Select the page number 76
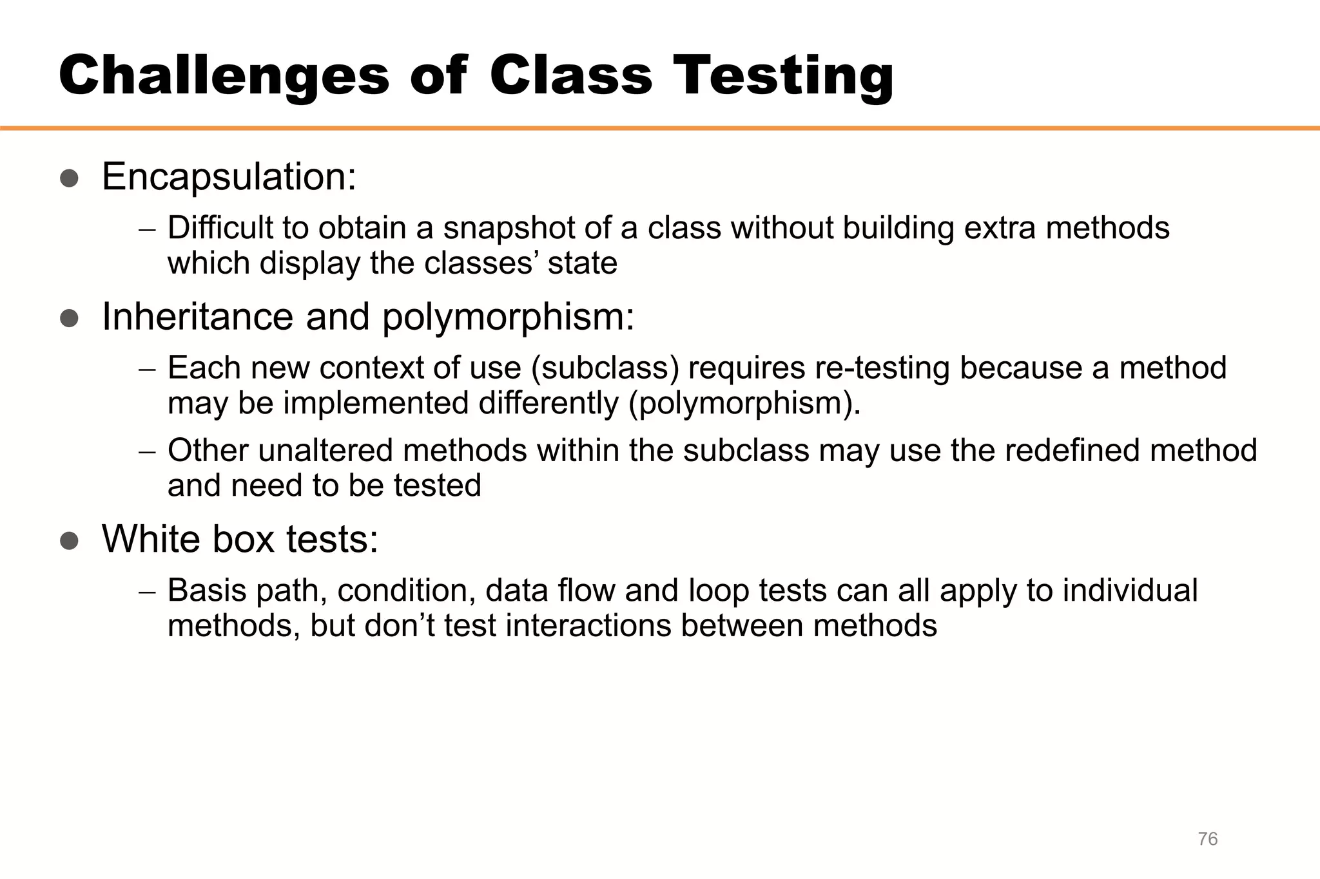1207,839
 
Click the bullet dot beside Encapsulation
69,178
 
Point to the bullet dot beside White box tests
69,541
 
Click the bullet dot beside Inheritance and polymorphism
69,319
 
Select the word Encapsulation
229,177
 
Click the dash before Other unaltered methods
147,451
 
